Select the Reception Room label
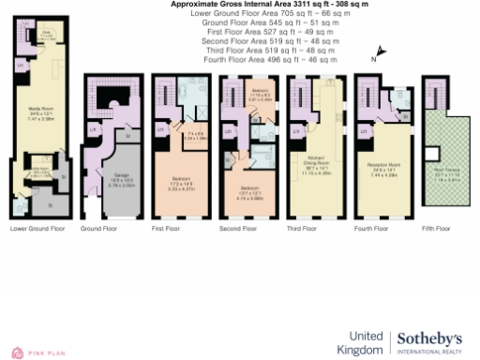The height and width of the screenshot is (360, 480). tap(381, 172)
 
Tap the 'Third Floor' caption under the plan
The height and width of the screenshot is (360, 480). tap(306, 228)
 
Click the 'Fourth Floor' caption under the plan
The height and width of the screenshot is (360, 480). tap(374, 228)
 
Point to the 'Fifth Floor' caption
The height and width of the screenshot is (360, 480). tap(437, 228)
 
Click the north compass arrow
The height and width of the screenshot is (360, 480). tap(380, 53)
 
